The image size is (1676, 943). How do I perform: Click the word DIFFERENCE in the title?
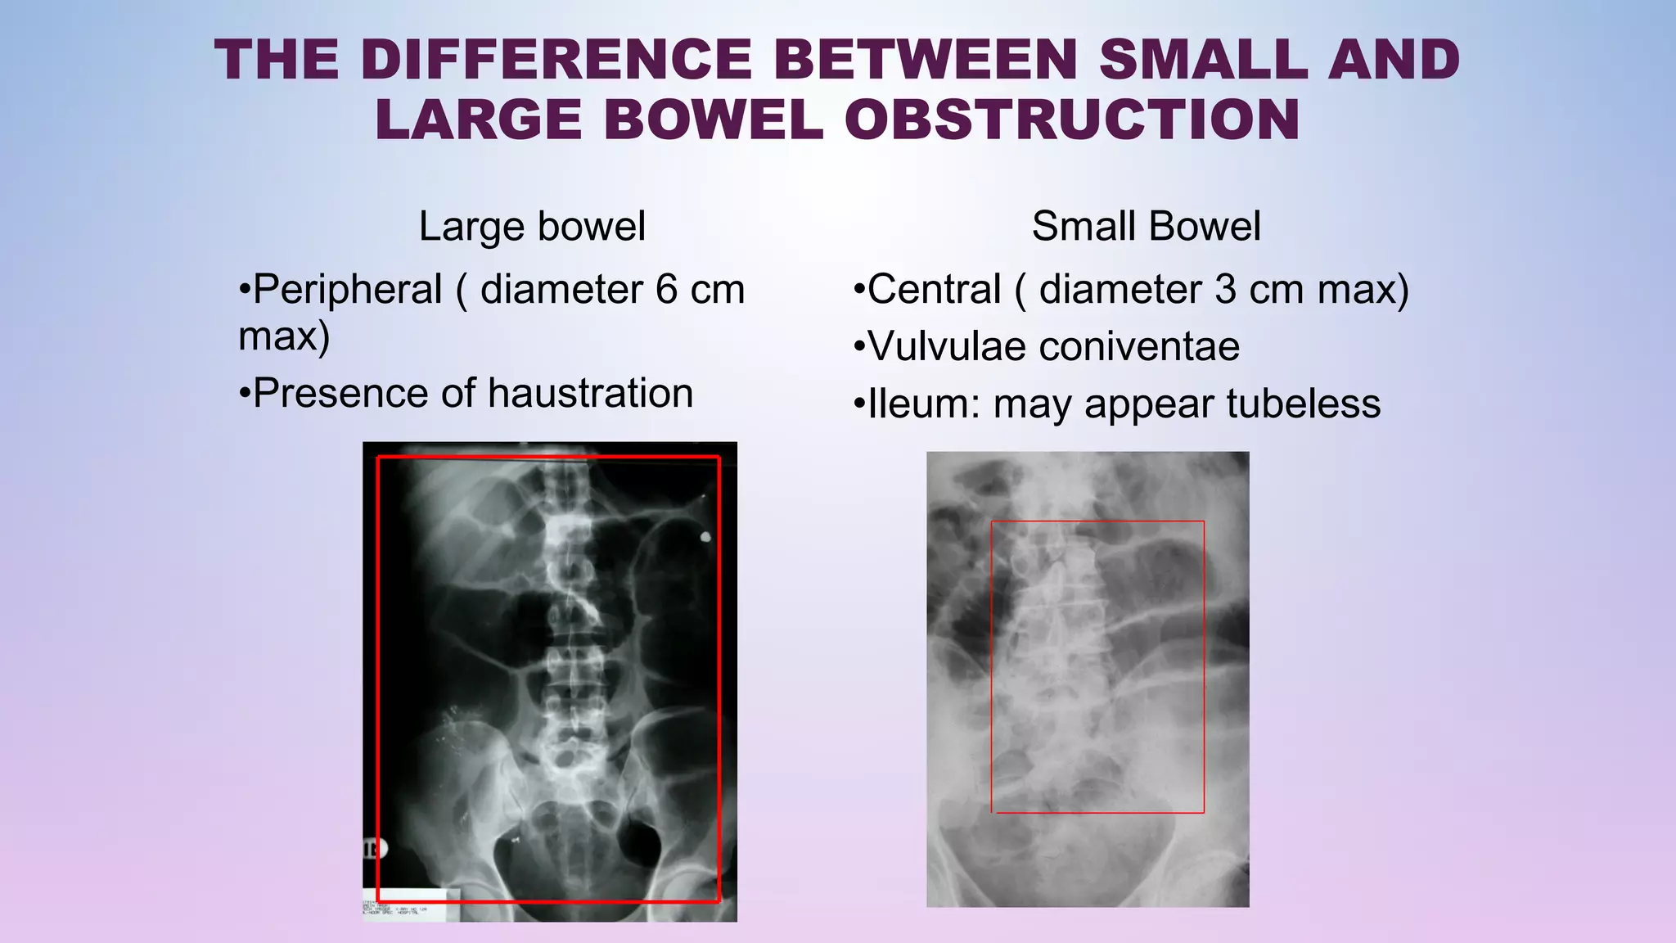pyautogui.click(x=556, y=60)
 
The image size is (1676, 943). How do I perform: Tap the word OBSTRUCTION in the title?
pyautogui.click(x=1072, y=120)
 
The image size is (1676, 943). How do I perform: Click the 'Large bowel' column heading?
pyautogui.click(x=532, y=226)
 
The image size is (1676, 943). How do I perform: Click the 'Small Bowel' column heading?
pyautogui.click(x=1146, y=226)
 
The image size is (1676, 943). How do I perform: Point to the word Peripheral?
pyautogui.click(x=348, y=290)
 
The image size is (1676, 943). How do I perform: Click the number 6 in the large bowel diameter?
pyautogui.click(x=666, y=290)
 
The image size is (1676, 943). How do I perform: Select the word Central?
pyautogui.click(x=934, y=290)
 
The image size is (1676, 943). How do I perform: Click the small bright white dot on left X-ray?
pyautogui.click(x=705, y=537)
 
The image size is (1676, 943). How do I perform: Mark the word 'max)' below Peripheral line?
pyautogui.click(x=284, y=336)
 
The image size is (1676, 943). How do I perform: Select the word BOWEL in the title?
pyautogui.click(x=712, y=120)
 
